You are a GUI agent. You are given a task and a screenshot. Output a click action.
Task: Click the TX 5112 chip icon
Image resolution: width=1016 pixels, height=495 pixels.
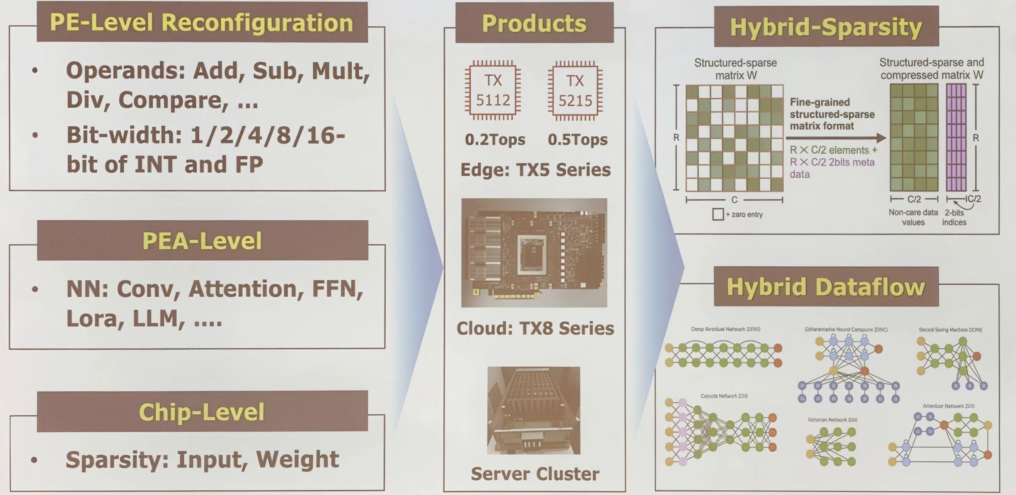tap(493, 90)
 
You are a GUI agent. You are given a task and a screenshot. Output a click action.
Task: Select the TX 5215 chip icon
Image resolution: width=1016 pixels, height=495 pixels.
tap(575, 91)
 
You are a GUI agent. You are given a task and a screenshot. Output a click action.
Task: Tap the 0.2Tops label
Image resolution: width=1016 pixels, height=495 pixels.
tap(495, 139)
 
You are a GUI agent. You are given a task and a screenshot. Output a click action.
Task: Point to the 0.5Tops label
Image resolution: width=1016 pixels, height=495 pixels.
tap(577, 139)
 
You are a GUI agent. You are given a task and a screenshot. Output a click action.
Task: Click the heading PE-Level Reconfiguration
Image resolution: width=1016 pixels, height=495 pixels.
tap(202, 22)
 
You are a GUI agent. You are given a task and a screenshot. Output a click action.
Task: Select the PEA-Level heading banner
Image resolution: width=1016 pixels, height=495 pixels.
tap(202, 241)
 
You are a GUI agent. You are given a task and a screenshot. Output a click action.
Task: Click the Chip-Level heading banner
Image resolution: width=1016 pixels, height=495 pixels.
tap(202, 412)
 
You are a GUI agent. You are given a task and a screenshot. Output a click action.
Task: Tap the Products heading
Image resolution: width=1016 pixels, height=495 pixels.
tap(534, 23)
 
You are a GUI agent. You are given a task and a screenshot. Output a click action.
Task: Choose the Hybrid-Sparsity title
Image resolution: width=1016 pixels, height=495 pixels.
tap(826, 27)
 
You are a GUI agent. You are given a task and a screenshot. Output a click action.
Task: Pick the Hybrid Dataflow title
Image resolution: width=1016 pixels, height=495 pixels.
tap(826, 287)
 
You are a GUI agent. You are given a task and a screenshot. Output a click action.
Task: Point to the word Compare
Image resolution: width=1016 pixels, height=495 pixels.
tap(174, 100)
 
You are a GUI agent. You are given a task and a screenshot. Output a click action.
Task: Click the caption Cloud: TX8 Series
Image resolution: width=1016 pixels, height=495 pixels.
tap(535, 328)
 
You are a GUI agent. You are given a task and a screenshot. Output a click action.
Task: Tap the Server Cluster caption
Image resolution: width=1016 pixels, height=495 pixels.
tap(535, 474)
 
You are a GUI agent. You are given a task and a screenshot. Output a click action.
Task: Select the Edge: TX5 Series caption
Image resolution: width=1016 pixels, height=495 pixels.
tap(535, 170)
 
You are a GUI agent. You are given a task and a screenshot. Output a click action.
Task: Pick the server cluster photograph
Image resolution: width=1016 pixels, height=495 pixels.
tap(534, 411)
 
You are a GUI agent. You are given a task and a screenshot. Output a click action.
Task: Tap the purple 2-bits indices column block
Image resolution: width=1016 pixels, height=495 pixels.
tap(956, 138)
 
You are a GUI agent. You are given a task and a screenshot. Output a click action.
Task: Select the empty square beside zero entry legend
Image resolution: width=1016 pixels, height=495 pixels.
tap(718, 214)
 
